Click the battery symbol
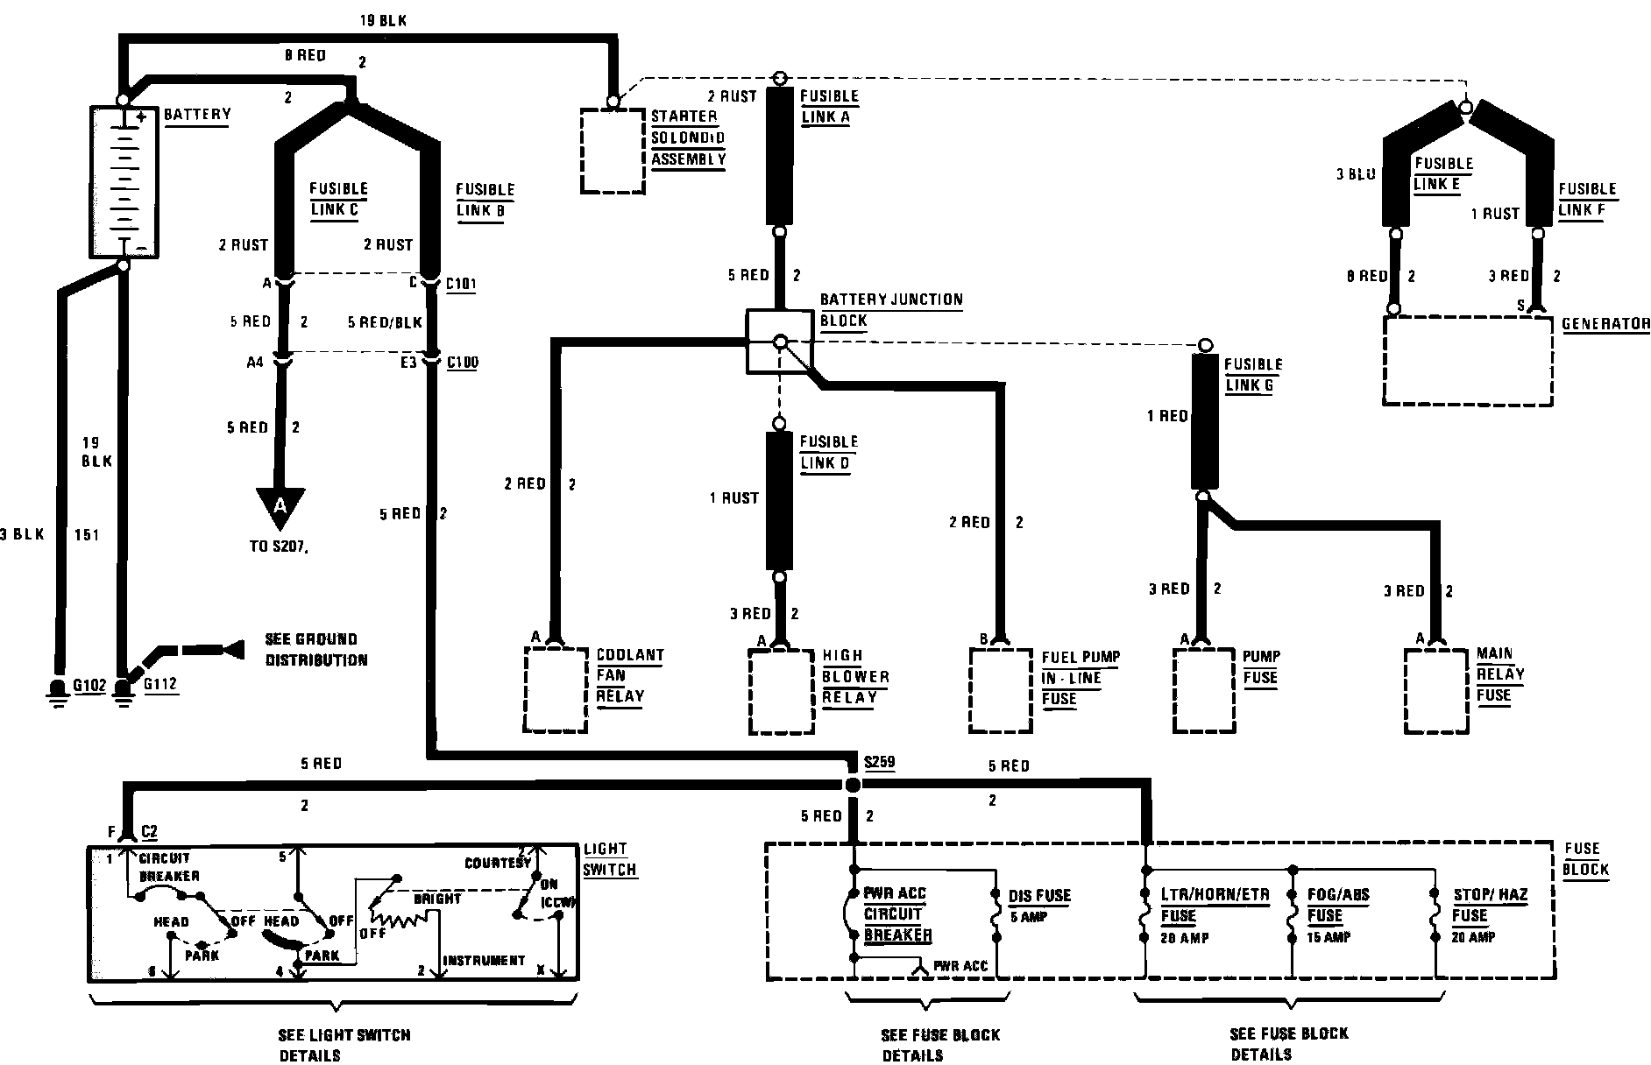pos(124,181)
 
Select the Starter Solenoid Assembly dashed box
pos(613,151)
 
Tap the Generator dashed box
pos(1467,360)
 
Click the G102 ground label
pos(89,685)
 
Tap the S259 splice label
pos(879,762)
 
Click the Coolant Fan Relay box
pos(555,689)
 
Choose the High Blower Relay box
pos(782,690)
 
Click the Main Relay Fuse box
pos(1436,690)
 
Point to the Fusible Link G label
pos(1253,375)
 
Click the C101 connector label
pos(462,284)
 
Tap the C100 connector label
pos(462,362)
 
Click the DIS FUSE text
pos(1039,896)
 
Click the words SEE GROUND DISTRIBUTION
pos(315,650)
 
